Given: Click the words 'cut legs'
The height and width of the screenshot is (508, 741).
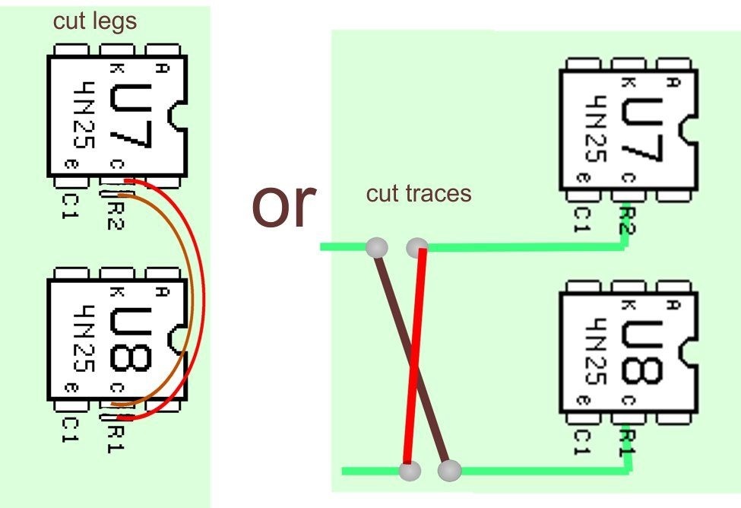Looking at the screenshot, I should point(95,21).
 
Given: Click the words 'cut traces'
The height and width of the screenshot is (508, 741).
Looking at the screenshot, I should point(419,193).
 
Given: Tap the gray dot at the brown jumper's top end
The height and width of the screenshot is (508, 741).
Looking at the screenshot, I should point(377,247).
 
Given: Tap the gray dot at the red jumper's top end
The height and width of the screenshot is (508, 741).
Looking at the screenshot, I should point(417,247).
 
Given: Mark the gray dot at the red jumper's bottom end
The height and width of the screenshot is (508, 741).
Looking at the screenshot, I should point(410,471).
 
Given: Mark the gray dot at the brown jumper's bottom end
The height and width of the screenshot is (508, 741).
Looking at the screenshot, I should point(449,471).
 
